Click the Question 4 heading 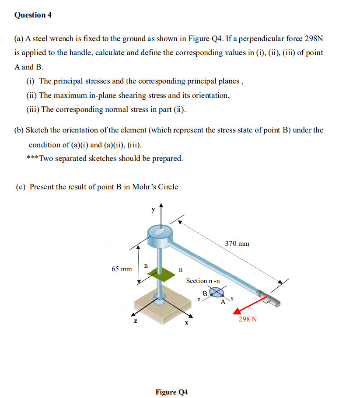point(33,15)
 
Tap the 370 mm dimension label point(237,243)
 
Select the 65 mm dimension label point(121,269)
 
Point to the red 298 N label point(248,319)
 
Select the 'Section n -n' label point(203,281)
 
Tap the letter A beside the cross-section point(223,302)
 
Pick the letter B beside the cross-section point(204,293)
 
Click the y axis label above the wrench point(153,209)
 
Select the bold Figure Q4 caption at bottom point(171,392)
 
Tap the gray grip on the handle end point(270,299)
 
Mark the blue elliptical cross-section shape point(217,293)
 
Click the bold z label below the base point(136,321)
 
